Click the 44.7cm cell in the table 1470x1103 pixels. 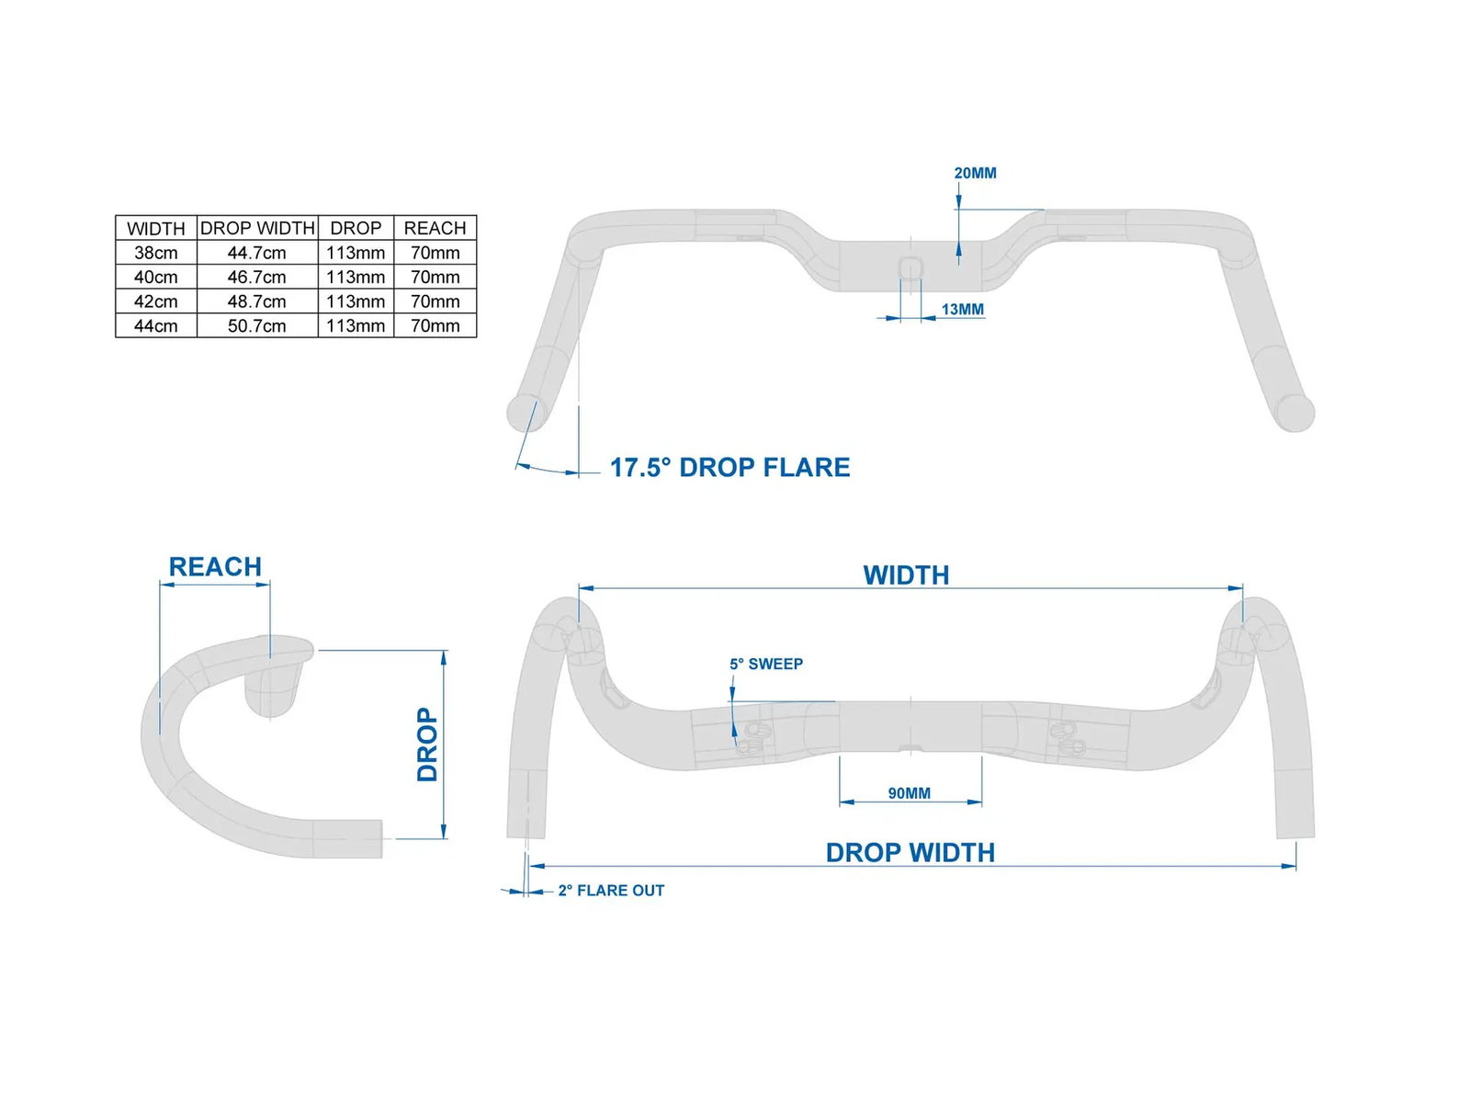(x=256, y=253)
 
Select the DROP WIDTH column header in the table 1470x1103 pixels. (x=257, y=228)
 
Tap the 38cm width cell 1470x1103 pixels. (x=156, y=253)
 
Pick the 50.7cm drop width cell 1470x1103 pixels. (x=256, y=326)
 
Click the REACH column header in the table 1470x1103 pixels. (x=435, y=228)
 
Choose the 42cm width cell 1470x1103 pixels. (x=156, y=301)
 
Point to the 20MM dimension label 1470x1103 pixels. (x=975, y=174)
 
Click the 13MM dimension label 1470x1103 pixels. (x=962, y=310)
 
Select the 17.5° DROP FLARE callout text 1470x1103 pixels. (x=730, y=468)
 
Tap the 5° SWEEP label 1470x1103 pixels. (x=766, y=664)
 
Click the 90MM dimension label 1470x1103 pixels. (x=909, y=793)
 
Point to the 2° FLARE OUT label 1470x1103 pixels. (x=611, y=891)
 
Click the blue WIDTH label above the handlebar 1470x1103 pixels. (x=906, y=575)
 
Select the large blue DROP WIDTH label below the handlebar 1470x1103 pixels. (x=910, y=853)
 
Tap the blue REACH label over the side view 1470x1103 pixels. (x=215, y=566)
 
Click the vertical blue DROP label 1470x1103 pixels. (x=427, y=744)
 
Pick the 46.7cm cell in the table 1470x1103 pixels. (x=256, y=278)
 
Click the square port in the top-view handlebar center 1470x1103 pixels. (x=910, y=267)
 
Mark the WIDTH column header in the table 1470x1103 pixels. (x=156, y=229)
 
